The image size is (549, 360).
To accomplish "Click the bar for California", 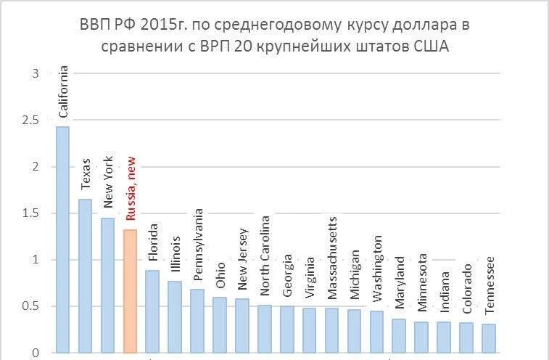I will [63, 240].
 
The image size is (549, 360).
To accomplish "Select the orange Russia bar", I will [130, 290].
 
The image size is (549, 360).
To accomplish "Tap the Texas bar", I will [85, 276].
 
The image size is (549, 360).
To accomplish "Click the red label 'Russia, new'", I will [131, 188].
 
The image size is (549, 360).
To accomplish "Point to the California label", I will [64, 91].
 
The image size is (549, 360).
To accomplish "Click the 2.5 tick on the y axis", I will [30, 120].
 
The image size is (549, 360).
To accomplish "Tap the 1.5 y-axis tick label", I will [30, 213].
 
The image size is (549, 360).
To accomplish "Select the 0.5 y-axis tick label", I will [30, 306].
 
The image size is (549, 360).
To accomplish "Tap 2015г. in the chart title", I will [154, 25].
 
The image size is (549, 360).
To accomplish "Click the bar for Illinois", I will [175, 316].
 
